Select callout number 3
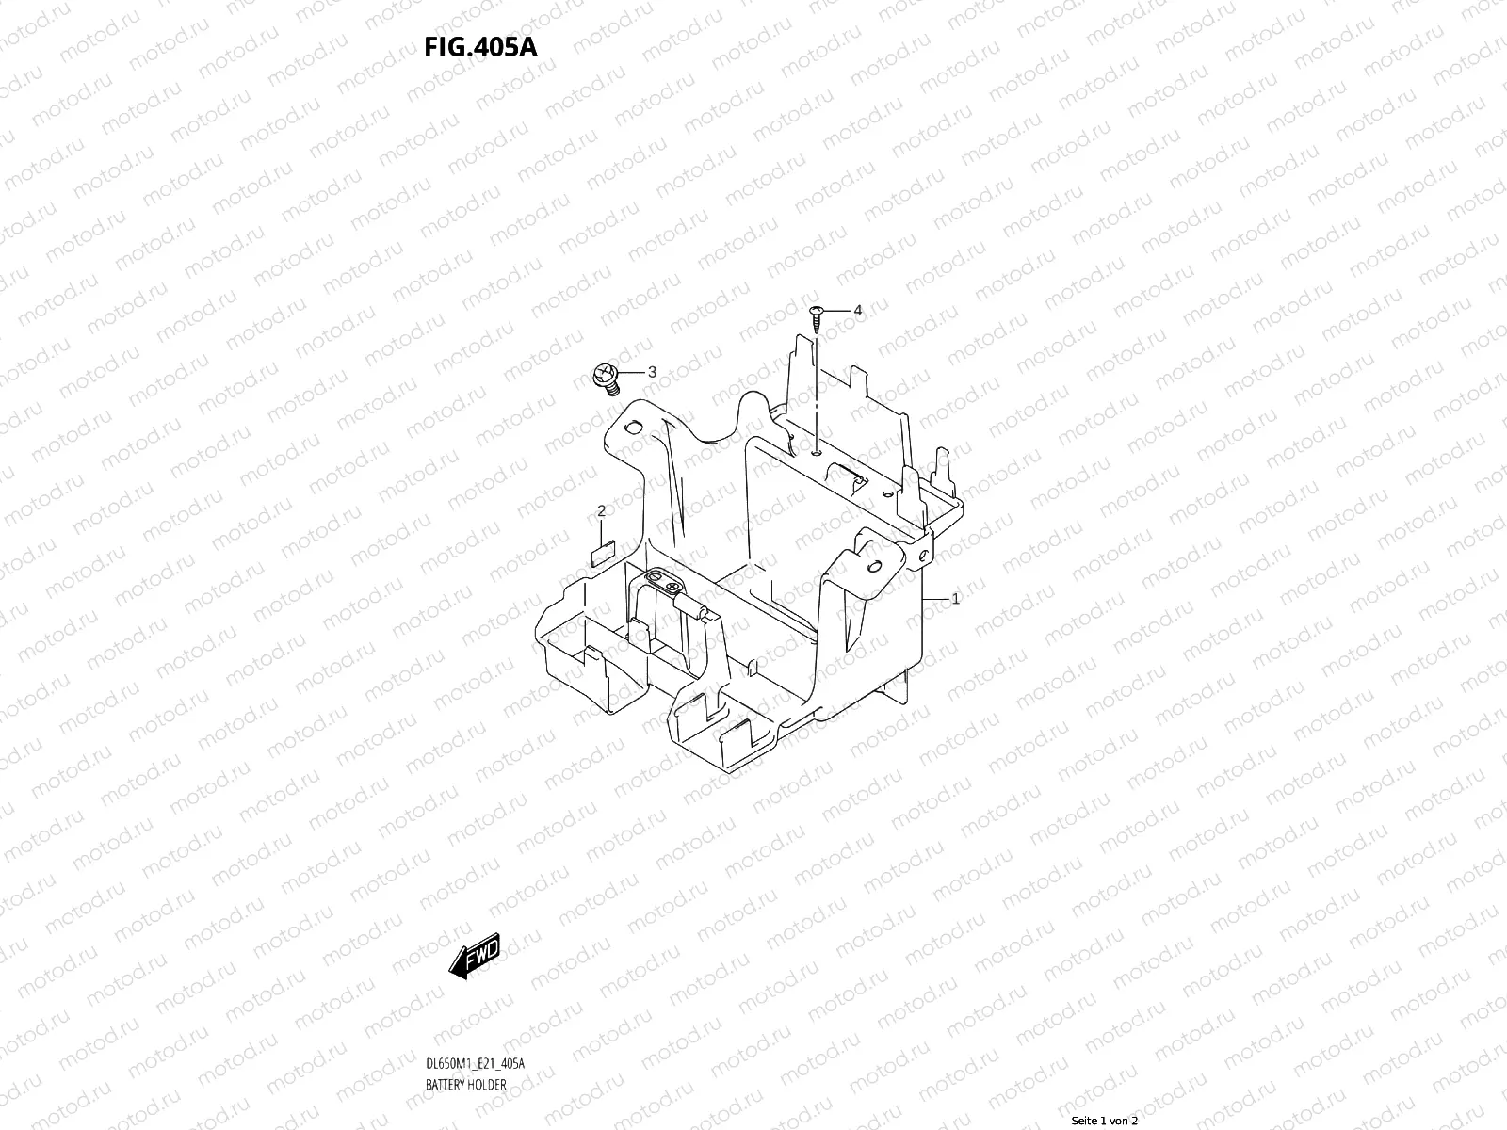tap(652, 373)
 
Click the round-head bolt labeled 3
tap(604, 379)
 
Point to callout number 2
tap(601, 510)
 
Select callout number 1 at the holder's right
tap(955, 599)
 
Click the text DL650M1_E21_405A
tap(475, 1064)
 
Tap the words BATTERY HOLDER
tap(465, 1085)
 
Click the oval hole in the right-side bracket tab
tap(875, 567)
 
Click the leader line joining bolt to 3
tap(631, 374)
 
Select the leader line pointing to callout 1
tap(937, 599)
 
